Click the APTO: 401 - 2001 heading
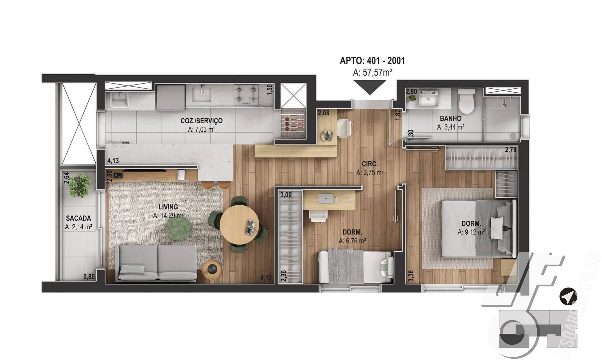pos(372,61)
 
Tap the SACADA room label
pos(78,218)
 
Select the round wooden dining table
pos(239,224)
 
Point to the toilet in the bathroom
pos(466,101)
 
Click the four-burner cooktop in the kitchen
pos(246,95)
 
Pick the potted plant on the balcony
pos(80,185)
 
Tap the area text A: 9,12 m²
pos(471,232)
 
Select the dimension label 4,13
pos(113,161)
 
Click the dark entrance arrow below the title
pos(369,87)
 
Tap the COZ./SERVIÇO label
pos(202,121)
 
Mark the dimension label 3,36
pos(411,276)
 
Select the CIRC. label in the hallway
pos(370,164)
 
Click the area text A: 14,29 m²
pos(168,216)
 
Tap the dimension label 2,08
pos(323,113)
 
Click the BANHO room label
pos(450,118)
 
